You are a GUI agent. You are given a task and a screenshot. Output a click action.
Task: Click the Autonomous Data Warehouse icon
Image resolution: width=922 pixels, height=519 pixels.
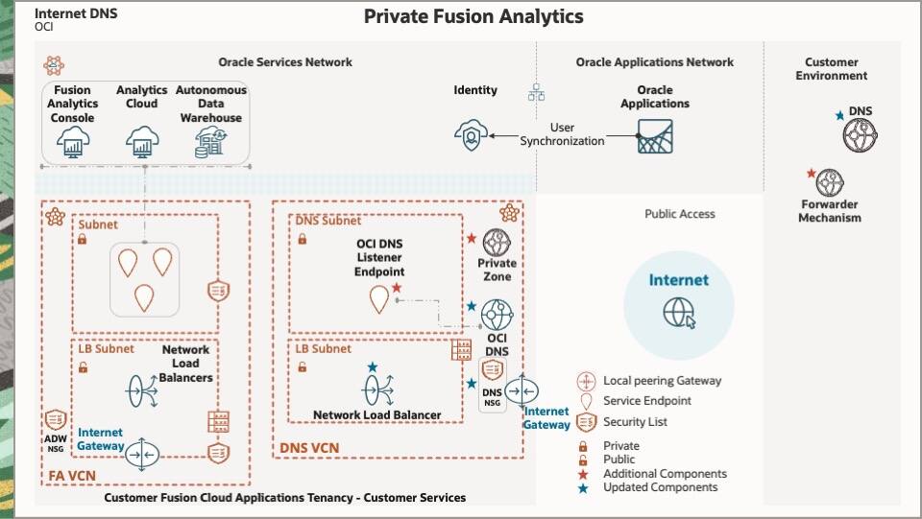pos(210,143)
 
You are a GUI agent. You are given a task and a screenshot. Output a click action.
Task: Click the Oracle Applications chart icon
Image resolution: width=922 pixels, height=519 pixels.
pos(655,137)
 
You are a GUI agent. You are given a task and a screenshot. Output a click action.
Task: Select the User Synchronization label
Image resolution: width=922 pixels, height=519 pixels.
pos(563,134)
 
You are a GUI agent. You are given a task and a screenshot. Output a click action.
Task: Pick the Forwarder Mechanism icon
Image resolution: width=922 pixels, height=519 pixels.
pos(830,182)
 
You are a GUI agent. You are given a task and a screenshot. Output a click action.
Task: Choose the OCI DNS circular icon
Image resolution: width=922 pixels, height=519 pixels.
pos(497,315)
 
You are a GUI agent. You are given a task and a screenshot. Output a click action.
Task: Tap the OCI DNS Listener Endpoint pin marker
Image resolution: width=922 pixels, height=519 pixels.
pos(380,300)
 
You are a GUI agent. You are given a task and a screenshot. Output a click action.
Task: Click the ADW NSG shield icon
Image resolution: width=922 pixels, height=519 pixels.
pos(55,419)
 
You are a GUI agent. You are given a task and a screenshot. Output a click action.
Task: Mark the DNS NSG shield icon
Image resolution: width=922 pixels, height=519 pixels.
pos(492,371)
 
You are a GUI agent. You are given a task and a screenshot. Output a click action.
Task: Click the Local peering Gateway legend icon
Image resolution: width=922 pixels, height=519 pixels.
pos(587,381)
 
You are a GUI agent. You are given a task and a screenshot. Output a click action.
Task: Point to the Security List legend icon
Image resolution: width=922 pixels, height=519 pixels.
pos(587,422)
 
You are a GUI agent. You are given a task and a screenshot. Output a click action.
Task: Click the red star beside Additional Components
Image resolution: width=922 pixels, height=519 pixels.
pos(583,474)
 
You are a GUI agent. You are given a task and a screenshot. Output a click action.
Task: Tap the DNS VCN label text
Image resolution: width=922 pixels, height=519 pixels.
pos(309,448)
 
